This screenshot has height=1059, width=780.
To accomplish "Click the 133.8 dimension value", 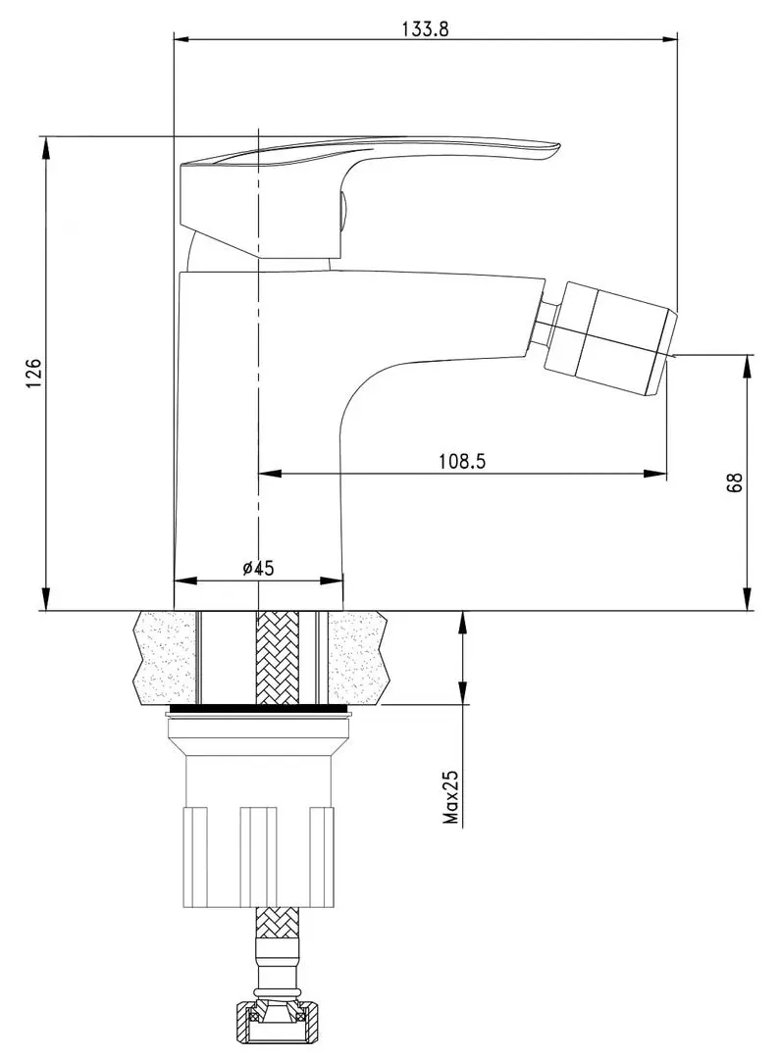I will point(425,28).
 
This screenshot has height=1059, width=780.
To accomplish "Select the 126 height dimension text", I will point(33,373).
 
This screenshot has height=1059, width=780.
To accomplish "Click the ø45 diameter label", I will point(257,567).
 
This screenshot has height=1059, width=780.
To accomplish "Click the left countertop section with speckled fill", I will point(164,655).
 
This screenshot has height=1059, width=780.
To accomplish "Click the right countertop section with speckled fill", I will point(359,655).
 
